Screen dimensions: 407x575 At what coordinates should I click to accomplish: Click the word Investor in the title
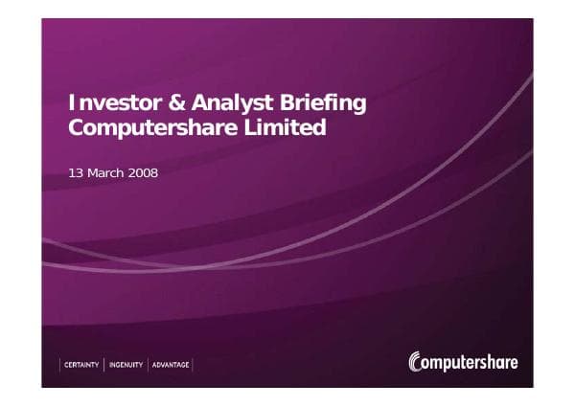pyautogui.click(x=108, y=103)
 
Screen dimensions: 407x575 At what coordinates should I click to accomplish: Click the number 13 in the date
pyautogui.click(x=78, y=173)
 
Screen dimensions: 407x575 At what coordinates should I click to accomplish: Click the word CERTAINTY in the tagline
pyautogui.click(x=81, y=365)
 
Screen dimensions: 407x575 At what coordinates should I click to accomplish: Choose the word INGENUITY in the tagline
pyautogui.click(x=126, y=365)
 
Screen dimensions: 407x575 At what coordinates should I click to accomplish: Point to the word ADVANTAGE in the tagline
pyautogui.click(x=171, y=365)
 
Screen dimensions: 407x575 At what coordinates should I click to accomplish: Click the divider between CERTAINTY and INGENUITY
pyautogui.click(x=103, y=365)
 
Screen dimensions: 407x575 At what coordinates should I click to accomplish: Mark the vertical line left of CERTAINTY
pyautogui.click(x=60, y=365)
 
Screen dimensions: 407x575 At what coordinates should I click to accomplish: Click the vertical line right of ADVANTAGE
pyautogui.click(x=193, y=365)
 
